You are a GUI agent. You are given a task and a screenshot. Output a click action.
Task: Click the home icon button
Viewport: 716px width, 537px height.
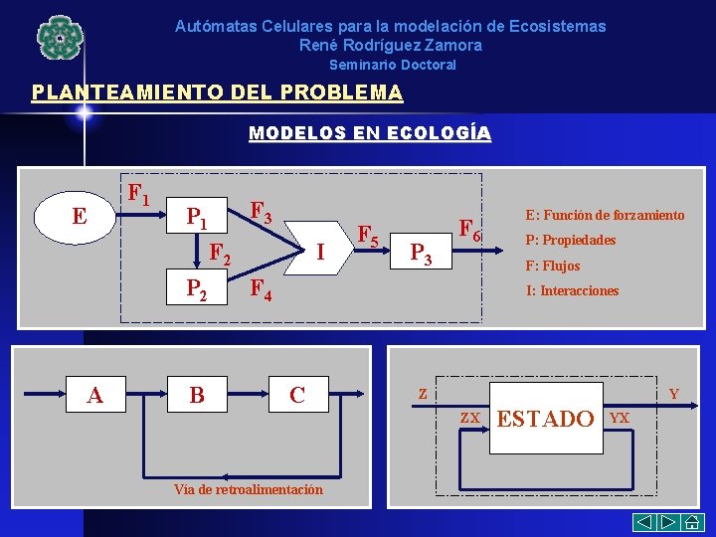[694, 523]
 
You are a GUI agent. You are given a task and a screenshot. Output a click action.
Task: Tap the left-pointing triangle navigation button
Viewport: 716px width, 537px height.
[644, 523]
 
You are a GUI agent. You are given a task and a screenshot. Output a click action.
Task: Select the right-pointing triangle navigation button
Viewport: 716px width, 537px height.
[668, 523]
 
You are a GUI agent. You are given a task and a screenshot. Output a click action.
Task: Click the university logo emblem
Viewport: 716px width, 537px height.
[60, 38]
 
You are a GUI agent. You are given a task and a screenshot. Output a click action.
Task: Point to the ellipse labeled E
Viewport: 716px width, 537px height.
[79, 217]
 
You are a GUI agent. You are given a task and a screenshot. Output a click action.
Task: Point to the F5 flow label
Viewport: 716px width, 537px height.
[368, 237]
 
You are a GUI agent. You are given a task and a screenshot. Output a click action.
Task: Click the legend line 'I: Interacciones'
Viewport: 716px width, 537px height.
[572, 291]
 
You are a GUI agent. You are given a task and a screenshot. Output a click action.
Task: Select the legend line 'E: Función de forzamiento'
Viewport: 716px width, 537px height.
[604, 215]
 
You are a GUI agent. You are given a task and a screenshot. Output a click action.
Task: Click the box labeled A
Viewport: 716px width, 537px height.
[95, 395]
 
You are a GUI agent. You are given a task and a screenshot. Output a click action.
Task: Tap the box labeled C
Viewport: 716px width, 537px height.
[297, 395]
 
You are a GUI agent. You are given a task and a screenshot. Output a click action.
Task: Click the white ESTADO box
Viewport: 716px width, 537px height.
[545, 419]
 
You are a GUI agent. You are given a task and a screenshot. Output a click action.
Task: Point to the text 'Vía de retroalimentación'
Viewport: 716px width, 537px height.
[248, 489]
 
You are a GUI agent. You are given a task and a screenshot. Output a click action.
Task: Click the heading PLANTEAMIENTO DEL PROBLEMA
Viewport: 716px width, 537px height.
[217, 93]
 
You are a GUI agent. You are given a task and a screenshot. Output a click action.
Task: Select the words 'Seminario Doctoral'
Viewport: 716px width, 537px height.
[392, 65]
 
